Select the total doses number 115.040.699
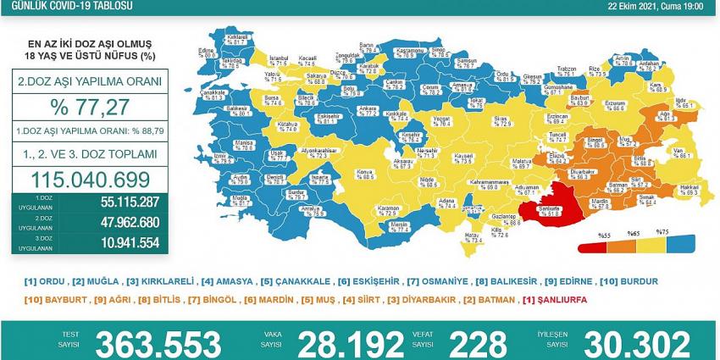89,179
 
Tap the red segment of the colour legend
594,248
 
